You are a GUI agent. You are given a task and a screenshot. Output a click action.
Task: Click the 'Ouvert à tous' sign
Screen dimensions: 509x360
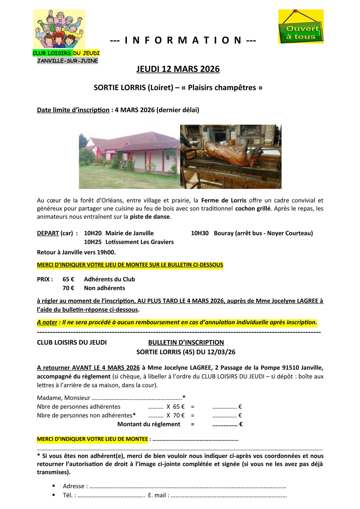click(301, 27)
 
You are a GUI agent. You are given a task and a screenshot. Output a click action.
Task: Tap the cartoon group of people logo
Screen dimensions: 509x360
click(59, 29)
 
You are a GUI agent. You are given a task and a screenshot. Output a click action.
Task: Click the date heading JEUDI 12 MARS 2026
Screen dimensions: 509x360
click(178, 69)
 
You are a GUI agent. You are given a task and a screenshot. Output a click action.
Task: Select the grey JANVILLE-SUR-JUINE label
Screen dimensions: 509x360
click(67, 61)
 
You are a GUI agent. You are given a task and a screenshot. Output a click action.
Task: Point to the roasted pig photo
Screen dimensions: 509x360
click(231, 156)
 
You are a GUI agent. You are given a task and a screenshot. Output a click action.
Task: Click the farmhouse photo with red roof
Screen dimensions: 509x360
click(129, 156)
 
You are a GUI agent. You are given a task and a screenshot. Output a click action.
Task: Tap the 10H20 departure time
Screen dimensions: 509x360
click(93, 233)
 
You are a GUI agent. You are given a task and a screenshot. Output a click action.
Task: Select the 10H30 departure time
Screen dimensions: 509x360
click(200, 233)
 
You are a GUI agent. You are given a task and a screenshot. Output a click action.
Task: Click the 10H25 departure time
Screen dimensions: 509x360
click(93, 242)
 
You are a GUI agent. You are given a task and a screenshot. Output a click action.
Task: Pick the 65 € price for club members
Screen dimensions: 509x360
click(68, 279)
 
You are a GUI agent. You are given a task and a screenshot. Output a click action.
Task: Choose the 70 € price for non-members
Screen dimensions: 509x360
click(68, 288)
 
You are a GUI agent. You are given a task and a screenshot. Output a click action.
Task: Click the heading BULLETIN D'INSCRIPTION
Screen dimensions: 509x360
click(186, 343)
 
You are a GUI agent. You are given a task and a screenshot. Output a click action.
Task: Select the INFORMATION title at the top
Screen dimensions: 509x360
click(183, 40)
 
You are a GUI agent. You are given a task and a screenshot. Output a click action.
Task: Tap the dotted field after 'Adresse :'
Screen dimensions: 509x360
click(188, 487)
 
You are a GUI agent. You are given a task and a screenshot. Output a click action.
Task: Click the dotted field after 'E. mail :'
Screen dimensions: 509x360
click(229, 496)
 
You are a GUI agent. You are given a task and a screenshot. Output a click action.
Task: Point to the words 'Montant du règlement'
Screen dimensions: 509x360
click(149, 424)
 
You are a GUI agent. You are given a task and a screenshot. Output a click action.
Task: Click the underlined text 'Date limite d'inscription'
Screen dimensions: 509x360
click(73, 110)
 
